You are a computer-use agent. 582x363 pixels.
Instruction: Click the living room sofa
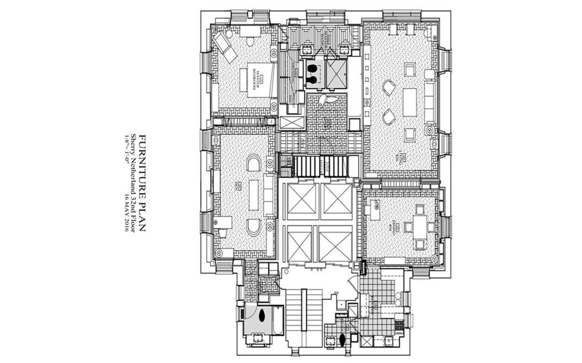pos(429,103)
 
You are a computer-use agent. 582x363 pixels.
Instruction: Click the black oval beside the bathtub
pos(263,316)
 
